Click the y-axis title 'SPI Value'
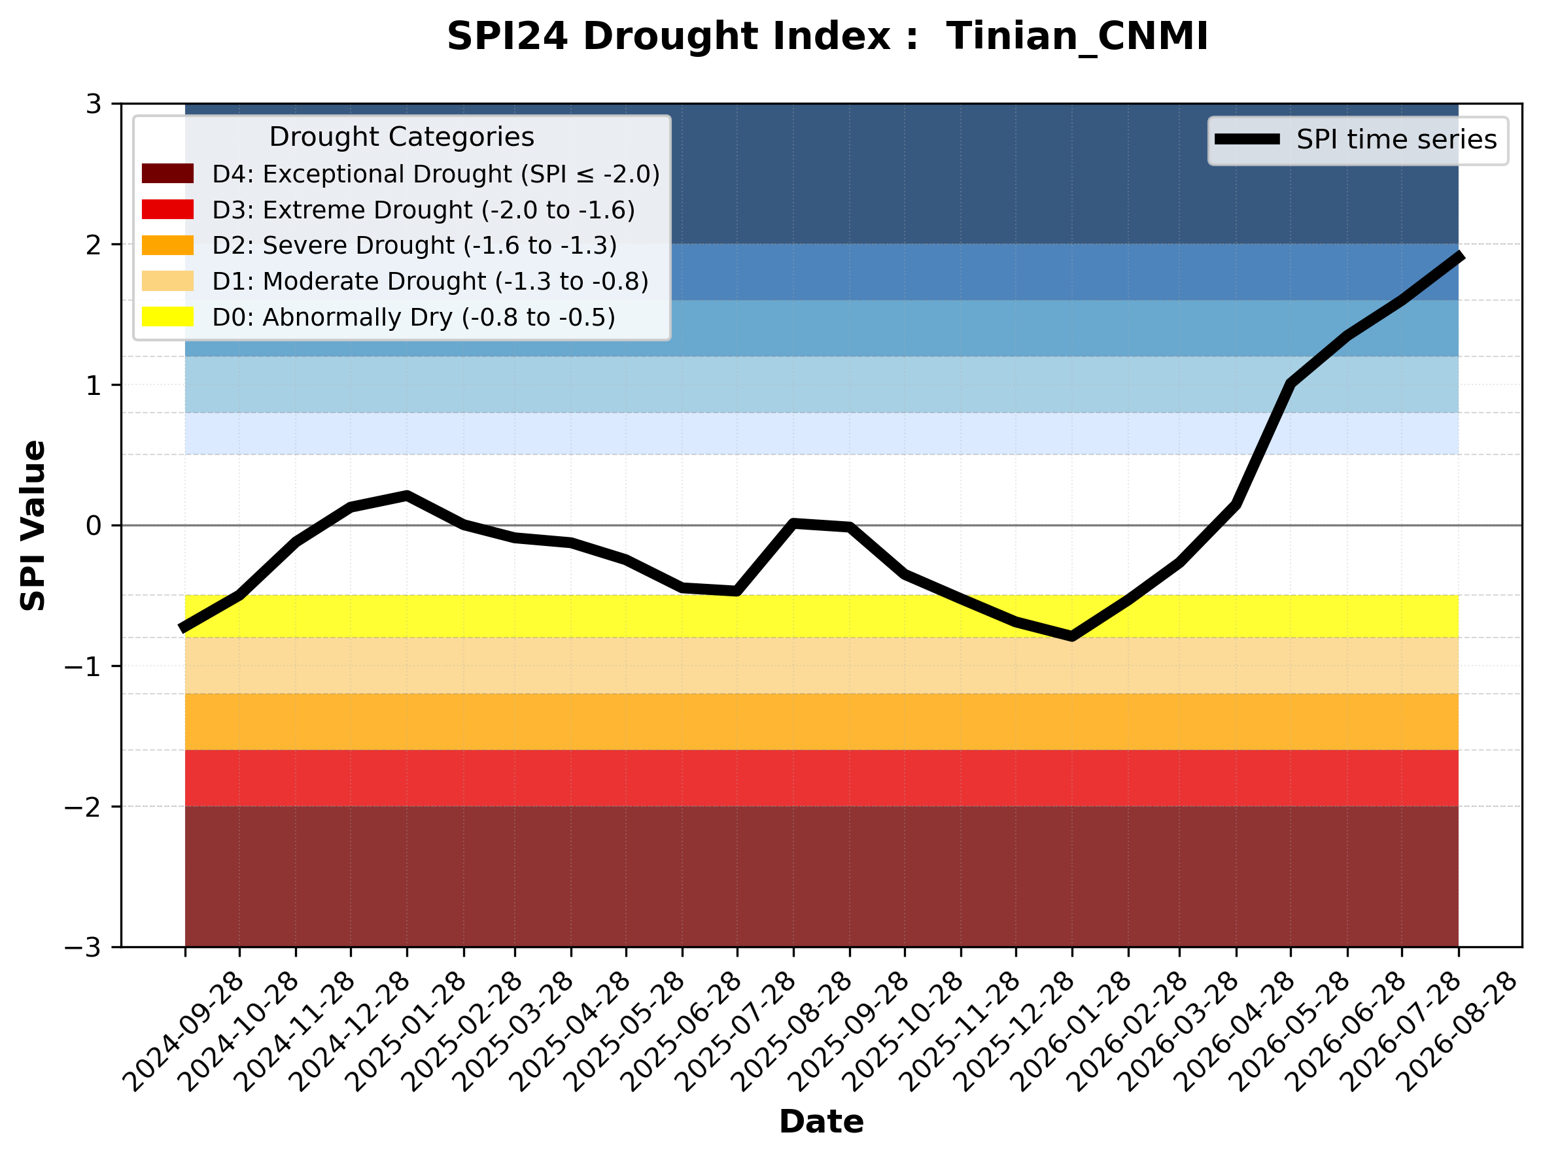33,526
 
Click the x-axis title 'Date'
821,1122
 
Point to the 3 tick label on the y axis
94,104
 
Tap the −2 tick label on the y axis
82,807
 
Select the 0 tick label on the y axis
94,525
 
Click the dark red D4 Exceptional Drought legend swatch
167,173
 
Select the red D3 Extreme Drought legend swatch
167,209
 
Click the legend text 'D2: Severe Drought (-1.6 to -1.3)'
414,245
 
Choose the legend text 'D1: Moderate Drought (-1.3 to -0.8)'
430,281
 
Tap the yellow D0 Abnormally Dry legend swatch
167,316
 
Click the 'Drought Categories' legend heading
402,137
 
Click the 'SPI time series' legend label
1396,139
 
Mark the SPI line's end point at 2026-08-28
1460,256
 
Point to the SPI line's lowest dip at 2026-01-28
1072,636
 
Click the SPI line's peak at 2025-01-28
407,495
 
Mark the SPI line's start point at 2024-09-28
182,628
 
